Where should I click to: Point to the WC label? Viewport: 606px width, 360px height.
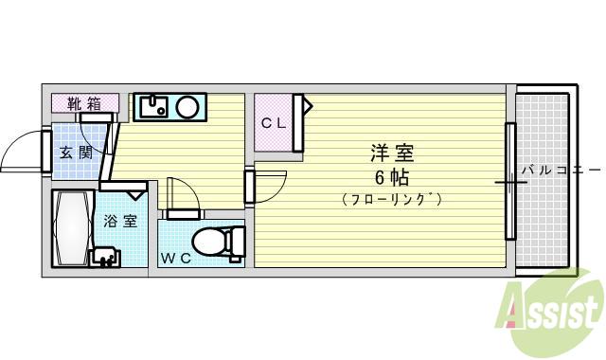click(x=174, y=258)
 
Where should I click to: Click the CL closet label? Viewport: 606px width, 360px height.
click(x=274, y=122)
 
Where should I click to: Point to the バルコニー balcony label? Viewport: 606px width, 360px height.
click(x=560, y=171)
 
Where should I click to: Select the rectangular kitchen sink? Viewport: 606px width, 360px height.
click(x=153, y=106)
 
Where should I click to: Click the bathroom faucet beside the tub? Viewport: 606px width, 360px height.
click(x=104, y=257)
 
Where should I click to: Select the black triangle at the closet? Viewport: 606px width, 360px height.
click(x=307, y=105)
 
